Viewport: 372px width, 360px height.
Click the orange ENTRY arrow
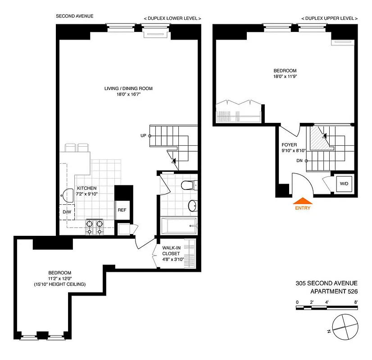pos(302,201)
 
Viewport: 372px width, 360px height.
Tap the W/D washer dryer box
pos(345,184)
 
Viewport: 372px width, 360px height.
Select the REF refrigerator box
pos(122,210)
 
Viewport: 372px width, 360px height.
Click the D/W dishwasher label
pos(67,211)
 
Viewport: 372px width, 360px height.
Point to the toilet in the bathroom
pos(187,185)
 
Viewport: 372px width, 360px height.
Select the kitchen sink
pos(67,195)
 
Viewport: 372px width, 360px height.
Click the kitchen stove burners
pos(95,227)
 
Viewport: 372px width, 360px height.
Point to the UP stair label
pos(143,135)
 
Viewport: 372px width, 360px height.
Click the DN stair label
pos(299,160)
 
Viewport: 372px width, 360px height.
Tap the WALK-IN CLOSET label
pos(173,256)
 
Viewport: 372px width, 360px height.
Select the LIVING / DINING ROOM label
pos(128,89)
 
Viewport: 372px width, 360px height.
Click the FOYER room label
pos(289,145)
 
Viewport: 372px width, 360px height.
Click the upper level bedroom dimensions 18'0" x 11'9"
pos(285,76)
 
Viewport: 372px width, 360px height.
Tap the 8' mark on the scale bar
pos(355,302)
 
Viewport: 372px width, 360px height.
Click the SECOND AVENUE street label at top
pos(75,16)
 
